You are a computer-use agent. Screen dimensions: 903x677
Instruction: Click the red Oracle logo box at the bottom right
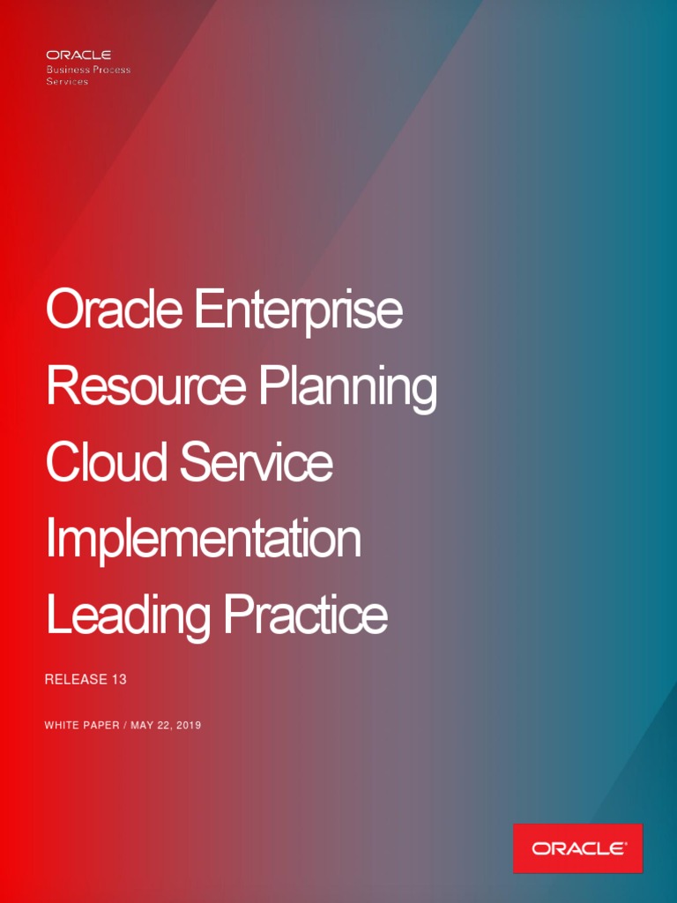pos(578,848)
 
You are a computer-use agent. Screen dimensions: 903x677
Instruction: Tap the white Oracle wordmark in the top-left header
pos(78,56)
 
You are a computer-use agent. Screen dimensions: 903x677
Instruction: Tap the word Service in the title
pos(257,463)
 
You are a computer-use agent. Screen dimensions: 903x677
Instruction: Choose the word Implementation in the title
pos(204,540)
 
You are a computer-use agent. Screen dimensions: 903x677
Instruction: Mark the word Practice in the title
pos(305,615)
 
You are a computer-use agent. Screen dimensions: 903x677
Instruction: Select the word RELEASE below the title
pos(74,680)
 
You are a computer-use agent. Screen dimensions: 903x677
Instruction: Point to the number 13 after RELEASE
pos(119,680)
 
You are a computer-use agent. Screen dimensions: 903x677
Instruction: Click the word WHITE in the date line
pos(62,726)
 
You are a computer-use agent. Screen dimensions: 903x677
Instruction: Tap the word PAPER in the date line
pos(101,726)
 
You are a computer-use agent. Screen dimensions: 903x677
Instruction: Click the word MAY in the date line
pos(143,726)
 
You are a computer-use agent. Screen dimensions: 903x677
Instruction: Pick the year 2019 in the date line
pos(189,726)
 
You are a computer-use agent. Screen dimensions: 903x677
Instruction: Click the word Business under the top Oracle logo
pos(69,70)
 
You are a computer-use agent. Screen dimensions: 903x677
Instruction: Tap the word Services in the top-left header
pos(67,81)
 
